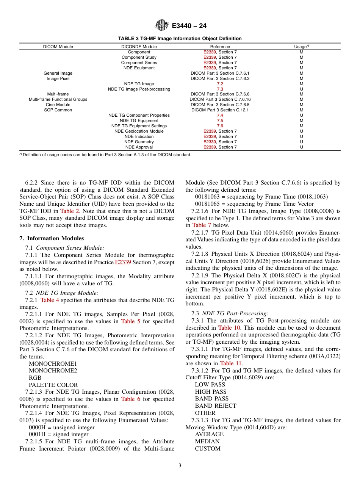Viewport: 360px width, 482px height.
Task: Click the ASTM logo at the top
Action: click(162, 26)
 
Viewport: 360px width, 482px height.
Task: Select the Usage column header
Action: click(301, 47)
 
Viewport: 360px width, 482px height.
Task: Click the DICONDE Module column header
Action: click(139, 47)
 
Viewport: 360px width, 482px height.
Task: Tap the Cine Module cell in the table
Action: click(58, 105)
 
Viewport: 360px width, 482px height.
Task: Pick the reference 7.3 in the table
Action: click(220, 89)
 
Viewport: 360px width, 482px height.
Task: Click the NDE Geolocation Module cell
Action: click(139, 131)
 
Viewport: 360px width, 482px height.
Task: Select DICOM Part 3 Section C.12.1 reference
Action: click(220, 110)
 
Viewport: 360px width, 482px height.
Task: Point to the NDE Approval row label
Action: click(139, 147)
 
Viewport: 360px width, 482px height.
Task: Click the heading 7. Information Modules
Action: click(52, 238)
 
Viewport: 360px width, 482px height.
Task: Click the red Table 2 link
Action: click(69, 211)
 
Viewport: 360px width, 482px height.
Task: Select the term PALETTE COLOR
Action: click(53, 385)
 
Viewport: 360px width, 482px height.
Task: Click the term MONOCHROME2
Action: click(53, 371)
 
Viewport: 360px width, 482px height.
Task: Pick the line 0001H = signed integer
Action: click(59, 434)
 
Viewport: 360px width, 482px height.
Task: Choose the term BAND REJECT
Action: click(215, 406)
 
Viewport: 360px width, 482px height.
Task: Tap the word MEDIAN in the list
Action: click(207, 441)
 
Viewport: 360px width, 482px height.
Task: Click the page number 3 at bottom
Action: click(180, 466)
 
